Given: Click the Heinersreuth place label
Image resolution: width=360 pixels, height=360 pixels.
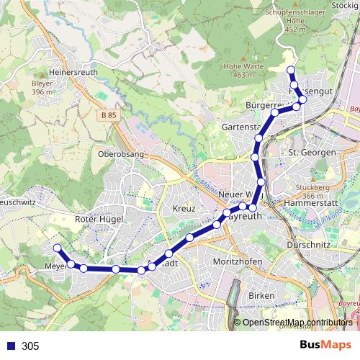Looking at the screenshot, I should (72, 73).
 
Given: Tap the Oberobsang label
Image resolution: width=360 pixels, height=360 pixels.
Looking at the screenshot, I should (120, 154).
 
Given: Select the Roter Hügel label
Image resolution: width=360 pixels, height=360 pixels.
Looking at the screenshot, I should (99, 219).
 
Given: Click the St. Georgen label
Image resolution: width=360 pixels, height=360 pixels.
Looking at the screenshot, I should (312, 153).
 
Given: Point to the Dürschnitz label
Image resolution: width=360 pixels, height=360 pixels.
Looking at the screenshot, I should (307, 245).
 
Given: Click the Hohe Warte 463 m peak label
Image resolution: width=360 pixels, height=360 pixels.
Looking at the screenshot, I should (239, 70).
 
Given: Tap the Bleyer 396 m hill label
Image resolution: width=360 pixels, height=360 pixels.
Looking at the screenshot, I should (43, 87).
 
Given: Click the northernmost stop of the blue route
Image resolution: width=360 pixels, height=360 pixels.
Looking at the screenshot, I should (291, 70).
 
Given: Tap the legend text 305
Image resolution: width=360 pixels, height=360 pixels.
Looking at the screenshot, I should (30, 346).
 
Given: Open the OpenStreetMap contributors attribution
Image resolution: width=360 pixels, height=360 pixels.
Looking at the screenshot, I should (297, 323).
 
